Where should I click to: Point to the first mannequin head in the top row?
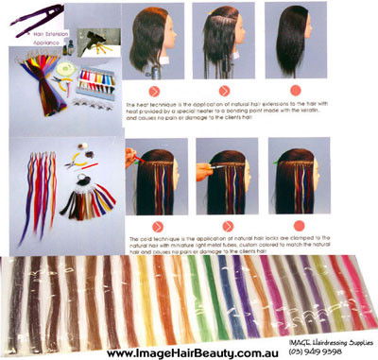click(152, 42)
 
